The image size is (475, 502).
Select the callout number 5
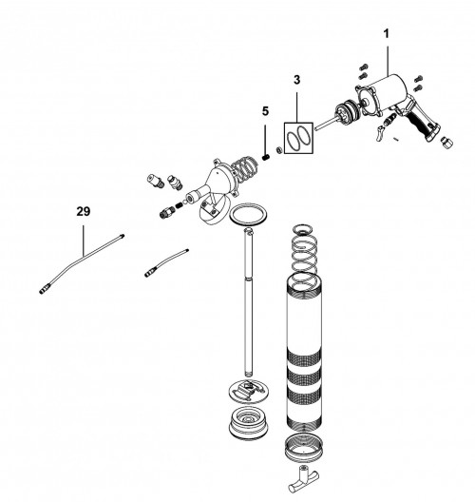267,111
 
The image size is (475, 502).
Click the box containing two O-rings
297,135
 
